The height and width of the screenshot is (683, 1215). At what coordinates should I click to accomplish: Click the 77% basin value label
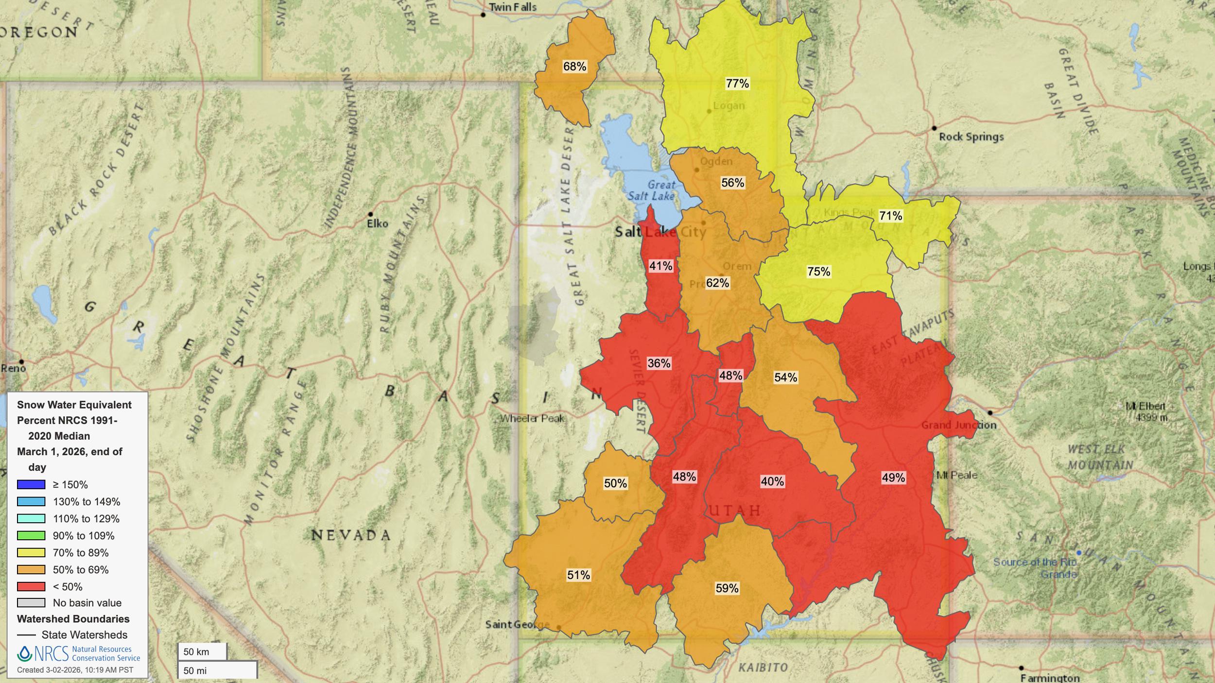(737, 84)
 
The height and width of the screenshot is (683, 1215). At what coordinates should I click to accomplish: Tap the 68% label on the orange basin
(574, 67)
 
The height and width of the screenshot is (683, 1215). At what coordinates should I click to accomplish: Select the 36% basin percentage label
(659, 363)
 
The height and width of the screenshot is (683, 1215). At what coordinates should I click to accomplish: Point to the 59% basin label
(727, 588)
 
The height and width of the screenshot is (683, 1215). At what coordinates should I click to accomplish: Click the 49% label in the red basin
(893, 478)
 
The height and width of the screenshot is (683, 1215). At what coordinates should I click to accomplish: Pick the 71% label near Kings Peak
(890, 216)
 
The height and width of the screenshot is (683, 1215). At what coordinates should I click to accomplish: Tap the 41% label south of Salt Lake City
(661, 266)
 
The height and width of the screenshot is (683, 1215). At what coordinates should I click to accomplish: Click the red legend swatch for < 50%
(31, 586)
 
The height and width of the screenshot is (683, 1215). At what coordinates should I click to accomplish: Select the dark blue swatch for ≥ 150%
(31, 484)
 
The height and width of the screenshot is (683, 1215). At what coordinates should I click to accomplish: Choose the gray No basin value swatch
(31, 603)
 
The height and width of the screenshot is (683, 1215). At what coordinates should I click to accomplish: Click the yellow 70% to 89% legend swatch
(31, 552)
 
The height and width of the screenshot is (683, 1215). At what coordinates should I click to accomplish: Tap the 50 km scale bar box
(202, 651)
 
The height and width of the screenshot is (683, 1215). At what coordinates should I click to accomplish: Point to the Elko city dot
(370, 214)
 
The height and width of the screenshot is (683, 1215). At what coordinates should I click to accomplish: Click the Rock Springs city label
(971, 137)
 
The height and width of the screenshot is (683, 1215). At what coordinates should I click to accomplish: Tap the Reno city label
(13, 368)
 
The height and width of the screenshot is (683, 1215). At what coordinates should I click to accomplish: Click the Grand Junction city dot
(990, 413)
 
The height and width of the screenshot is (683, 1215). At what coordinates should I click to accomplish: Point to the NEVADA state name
(351, 535)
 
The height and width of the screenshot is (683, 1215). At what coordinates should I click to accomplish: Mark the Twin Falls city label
(512, 7)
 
